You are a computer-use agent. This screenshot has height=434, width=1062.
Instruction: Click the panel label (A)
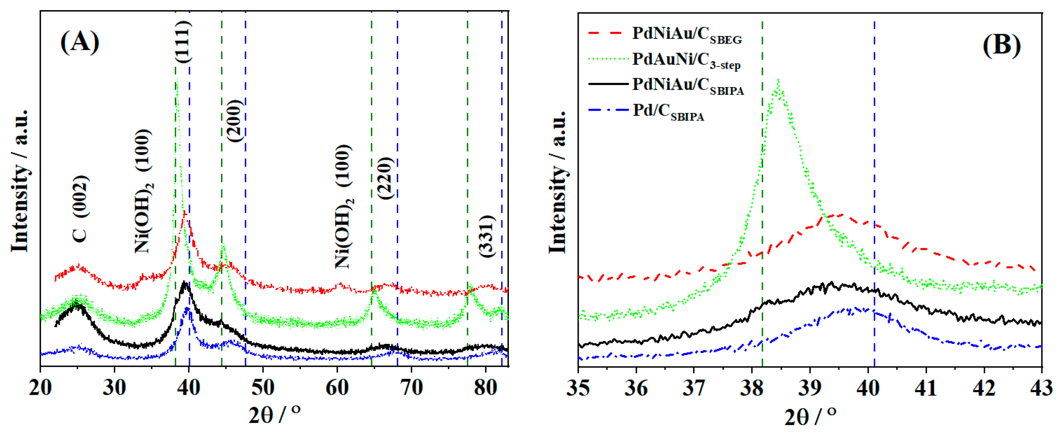[80, 43]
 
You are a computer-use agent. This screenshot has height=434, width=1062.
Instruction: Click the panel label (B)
[1002, 45]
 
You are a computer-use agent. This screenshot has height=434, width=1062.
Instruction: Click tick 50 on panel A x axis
[263, 388]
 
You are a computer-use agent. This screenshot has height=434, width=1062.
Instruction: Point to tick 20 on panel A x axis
[40, 388]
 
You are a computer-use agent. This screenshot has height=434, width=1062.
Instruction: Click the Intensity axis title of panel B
[558, 181]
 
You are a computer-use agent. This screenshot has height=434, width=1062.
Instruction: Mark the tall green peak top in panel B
[778, 81]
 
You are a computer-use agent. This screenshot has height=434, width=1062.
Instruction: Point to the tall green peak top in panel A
[177, 78]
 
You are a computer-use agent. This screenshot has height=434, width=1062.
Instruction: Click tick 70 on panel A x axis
[411, 388]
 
